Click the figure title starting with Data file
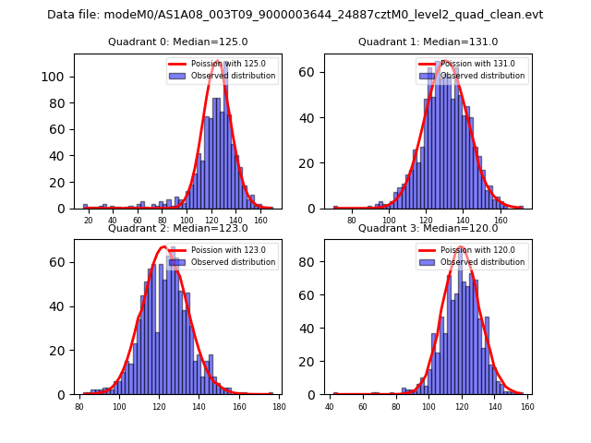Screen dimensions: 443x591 pyautogui.click(x=295, y=15)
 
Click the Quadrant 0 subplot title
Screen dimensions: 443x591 pyautogui.click(x=178, y=42)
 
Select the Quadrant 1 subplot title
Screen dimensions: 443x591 pyautogui.click(x=428, y=42)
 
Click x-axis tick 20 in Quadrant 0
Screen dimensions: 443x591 pyautogui.click(x=88, y=221)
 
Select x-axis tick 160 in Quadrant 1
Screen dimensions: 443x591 pyautogui.click(x=501, y=221)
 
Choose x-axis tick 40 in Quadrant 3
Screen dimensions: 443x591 pyautogui.click(x=331, y=407)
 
